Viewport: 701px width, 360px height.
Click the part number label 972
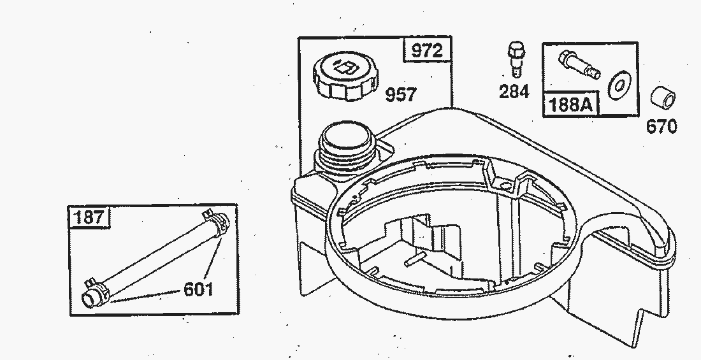click(427, 50)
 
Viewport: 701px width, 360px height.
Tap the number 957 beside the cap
click(401, 94)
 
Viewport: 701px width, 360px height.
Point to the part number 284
click(514, 92)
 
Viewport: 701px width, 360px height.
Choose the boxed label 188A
click(570, 104)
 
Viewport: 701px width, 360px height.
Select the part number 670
click(661, 127)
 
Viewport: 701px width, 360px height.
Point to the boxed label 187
click(90, 218)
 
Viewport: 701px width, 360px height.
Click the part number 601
click(198, 289)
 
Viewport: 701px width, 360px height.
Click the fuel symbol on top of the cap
click(345, 68)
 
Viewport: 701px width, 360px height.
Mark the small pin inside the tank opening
click(416, 259)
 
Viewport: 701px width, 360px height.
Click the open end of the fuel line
click(89, 300)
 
